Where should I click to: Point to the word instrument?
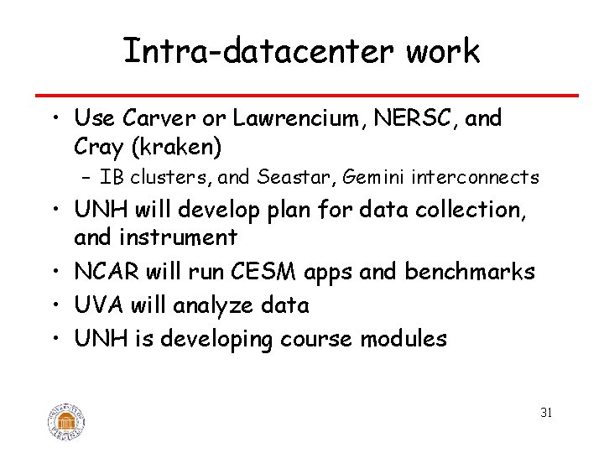click(180, 237)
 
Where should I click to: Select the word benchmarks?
click(475, 272)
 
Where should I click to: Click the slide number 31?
click(546, 413)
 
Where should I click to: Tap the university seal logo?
click(66, 420)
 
